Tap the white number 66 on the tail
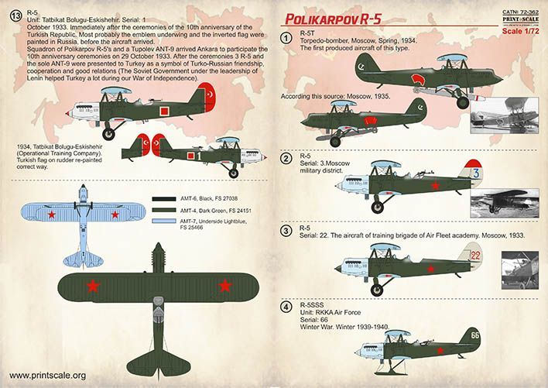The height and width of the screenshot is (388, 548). [x=474, y=336]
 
